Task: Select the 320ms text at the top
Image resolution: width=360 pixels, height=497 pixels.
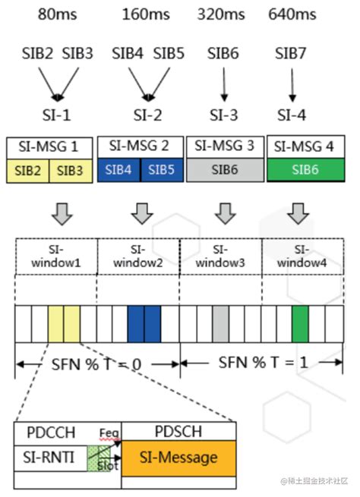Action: [222, 14]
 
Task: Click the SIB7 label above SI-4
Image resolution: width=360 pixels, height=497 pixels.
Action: [292, 54]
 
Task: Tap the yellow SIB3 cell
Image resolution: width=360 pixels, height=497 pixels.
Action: [70, 170]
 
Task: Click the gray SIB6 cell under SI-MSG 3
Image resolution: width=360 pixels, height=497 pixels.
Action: [223, 170]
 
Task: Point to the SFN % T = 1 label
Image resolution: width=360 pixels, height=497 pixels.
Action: [264, 363]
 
